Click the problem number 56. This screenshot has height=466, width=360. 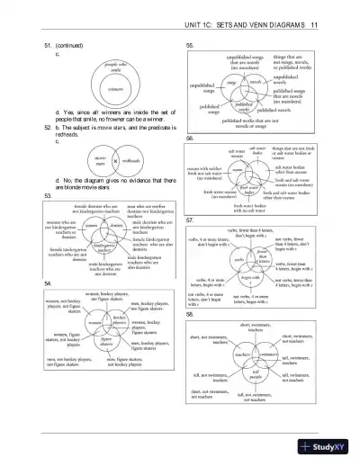[190, 138]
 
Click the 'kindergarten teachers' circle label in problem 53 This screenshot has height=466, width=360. [105, 248]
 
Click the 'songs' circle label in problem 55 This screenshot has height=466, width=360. [230, 81]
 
